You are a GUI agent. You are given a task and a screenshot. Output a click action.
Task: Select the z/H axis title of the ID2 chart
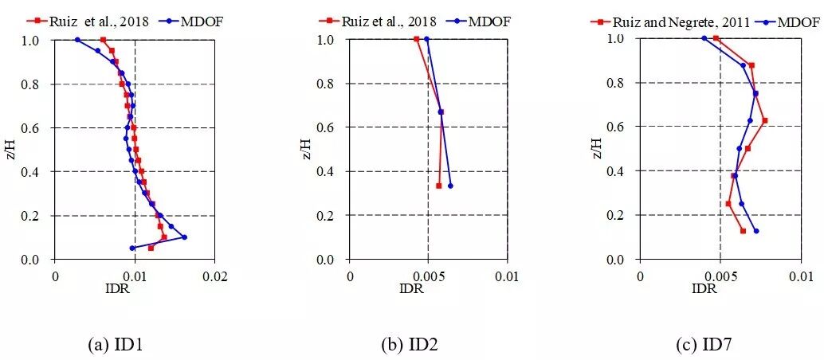click(x=306, y=149)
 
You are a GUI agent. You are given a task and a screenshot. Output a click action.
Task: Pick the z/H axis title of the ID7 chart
click(x=598, y=149)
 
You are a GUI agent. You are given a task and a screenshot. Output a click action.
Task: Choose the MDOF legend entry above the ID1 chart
click(x=198, y=22)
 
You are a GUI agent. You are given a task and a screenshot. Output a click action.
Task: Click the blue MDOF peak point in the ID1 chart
click(x=184, y=237)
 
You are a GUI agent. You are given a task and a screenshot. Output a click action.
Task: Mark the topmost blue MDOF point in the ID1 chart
click(x=77, y=39)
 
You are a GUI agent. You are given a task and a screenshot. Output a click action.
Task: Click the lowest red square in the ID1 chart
click(x=151, y=248)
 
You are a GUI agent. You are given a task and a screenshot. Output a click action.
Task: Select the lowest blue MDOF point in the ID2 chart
click(x=450, y=186)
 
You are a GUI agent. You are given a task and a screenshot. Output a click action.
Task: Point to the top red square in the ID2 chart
click(x=417, y=38)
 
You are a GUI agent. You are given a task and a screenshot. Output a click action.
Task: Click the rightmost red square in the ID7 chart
click(x=764, y=120)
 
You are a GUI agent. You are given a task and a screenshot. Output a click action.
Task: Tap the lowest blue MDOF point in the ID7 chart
click(x=755, y=231)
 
